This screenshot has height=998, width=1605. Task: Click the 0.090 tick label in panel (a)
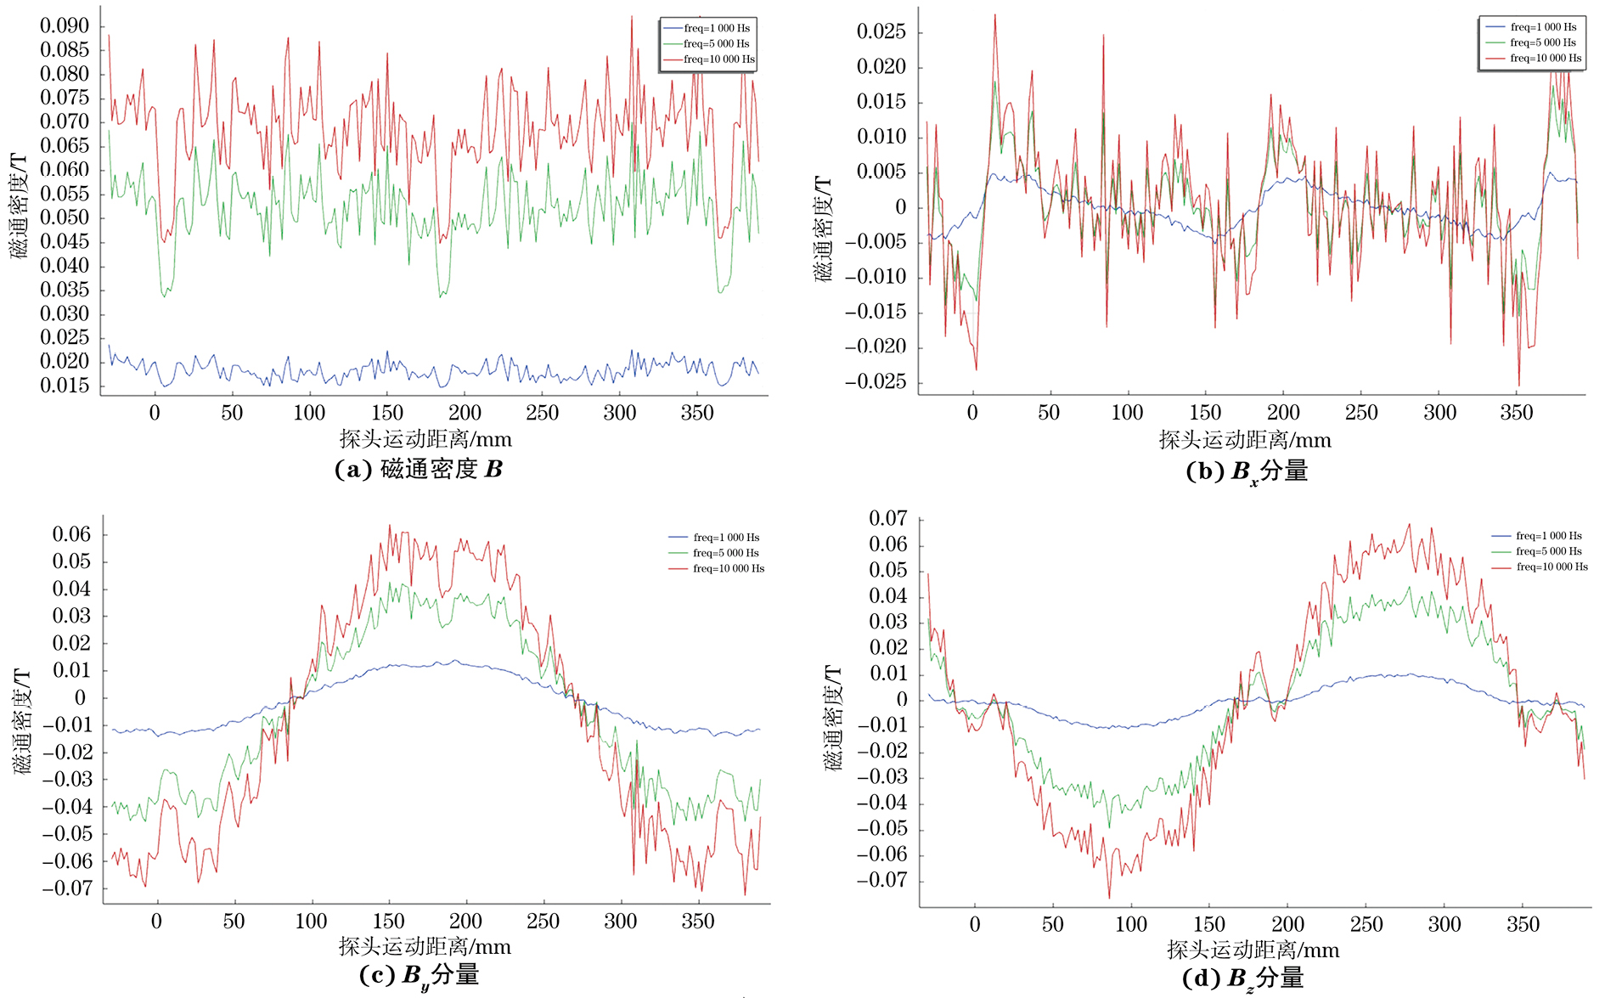click(x=65, y=25)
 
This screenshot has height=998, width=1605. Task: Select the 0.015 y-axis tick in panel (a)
click(x=65, y=386)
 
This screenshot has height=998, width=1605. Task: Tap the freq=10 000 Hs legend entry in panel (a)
click(x=718, y=59)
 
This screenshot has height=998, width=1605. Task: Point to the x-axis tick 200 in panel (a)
click(x=465, y=413)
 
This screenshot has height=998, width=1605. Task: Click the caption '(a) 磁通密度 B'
click(x=419, y=469)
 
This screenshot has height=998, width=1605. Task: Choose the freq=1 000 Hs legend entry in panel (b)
click(x=1543, y=27)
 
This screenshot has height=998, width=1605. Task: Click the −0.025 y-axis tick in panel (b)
click(x=875, y=381)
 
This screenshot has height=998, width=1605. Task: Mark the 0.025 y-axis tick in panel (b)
click(x=881, y=32)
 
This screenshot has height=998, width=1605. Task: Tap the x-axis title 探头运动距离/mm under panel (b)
click(x=1245, y=440)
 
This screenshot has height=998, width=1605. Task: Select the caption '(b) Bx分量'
click(x=1247, y=471)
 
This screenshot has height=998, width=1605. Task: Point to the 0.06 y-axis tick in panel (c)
click(x=71, y=534)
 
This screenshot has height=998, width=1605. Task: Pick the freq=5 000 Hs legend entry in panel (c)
click(x=725, y=553)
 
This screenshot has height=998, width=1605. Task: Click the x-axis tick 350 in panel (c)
click(x=698, y=922)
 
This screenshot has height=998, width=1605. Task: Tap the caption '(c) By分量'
click(x=420, y=975)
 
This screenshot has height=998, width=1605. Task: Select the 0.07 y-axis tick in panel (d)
click(x=888, y=519)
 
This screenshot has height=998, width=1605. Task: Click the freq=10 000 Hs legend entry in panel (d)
click(x=1551, y=567)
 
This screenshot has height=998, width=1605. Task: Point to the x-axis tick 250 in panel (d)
click(x=1366, y=924)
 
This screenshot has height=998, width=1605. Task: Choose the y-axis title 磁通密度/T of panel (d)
click(x=835, y=719)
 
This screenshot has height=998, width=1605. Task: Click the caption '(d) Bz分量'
click(x=1242, y=978)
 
